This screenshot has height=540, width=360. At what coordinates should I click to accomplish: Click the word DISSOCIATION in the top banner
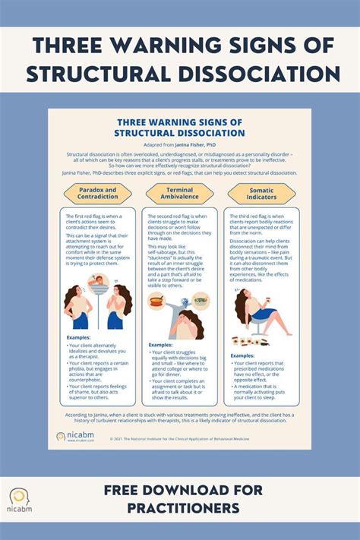pos(257,74)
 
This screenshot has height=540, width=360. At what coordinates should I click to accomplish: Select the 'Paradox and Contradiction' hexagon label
pos(97,194)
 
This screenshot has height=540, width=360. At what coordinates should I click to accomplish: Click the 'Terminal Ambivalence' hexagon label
pos(179,194)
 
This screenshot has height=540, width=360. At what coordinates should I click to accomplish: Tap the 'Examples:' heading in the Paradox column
pos(78,337)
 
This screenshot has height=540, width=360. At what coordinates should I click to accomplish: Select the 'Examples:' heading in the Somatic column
pos(242,355)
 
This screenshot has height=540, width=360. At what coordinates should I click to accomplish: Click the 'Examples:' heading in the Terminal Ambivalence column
pos(160,345)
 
